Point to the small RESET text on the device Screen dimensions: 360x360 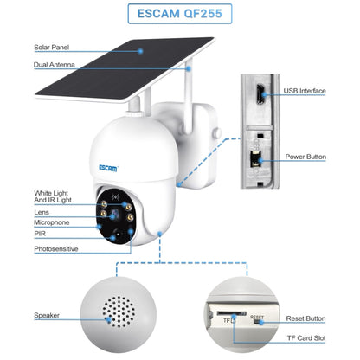(257, 317)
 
